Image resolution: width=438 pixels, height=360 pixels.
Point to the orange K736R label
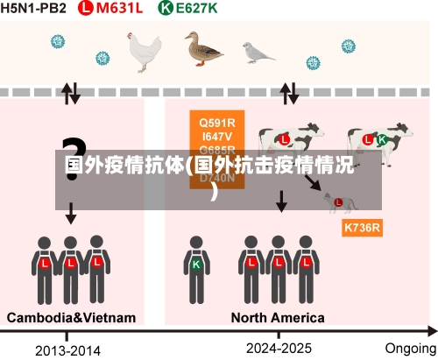coord(362,228)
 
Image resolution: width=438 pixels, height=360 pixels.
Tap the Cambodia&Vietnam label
coord(71,317)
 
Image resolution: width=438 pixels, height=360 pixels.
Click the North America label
coord(278,317)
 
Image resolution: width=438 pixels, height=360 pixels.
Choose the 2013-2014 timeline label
coord(67,350)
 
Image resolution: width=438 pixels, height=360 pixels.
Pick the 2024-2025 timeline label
coord(279,348)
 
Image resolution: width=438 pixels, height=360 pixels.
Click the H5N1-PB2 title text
coord(34,9)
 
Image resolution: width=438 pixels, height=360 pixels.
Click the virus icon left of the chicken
coord(59,42)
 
